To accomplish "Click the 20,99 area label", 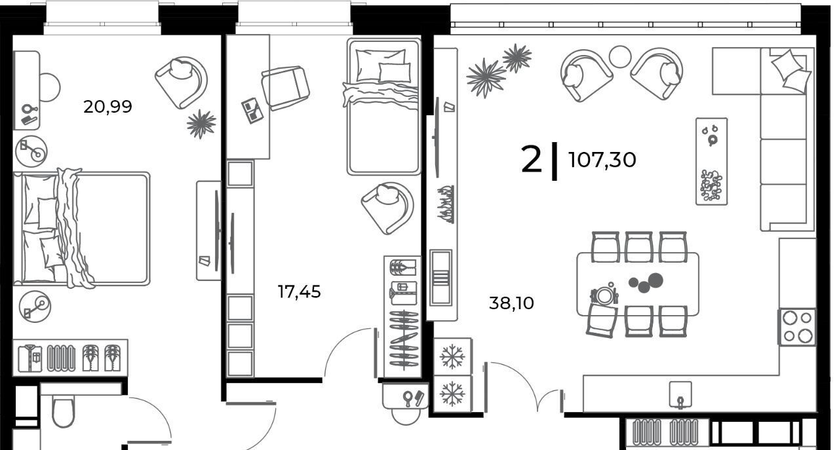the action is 107,107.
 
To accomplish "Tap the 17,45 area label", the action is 299,292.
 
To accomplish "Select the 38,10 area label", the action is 511,303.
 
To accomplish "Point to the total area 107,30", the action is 602,160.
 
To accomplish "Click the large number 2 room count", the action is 531,159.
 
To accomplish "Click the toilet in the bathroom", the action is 64,412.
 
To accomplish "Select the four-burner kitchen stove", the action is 797,327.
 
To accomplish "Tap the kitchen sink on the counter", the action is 680,394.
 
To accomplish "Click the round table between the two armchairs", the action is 620,56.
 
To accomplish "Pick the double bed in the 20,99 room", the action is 82,229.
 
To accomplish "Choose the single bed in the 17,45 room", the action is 383,107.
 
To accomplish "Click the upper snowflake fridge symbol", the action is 452,356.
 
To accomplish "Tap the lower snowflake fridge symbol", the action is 452,394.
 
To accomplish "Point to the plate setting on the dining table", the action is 604,295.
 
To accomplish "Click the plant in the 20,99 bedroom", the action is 201,124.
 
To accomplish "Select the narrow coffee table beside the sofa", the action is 711,161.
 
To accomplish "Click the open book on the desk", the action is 252,111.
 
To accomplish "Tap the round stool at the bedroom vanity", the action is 50,87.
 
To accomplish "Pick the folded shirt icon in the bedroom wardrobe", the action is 30,358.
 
